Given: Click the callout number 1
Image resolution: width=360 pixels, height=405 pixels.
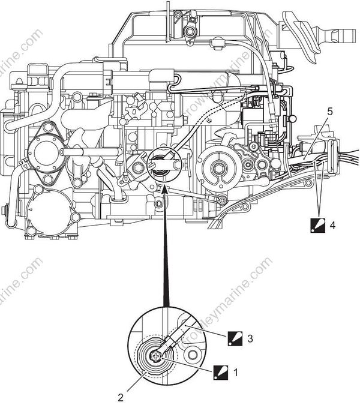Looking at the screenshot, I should [235, 372].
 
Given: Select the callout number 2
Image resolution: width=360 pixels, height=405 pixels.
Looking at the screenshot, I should [121, 397].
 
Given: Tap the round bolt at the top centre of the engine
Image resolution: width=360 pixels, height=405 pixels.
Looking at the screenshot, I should [191, 31].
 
